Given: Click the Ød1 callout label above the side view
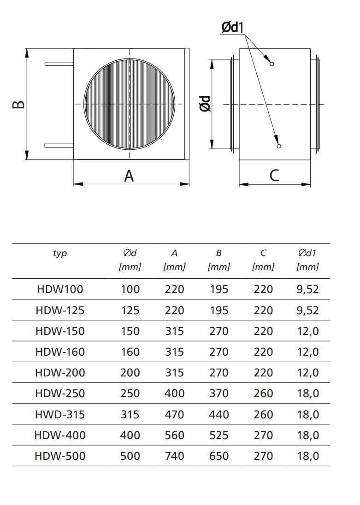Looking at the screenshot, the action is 233,27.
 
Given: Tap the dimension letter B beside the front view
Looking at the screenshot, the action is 18,104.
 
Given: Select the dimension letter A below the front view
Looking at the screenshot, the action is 129,176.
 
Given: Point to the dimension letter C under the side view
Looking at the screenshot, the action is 274,176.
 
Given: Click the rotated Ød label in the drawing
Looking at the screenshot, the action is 205,104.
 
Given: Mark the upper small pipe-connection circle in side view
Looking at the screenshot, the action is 271,64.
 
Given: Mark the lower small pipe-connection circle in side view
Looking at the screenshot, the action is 279,146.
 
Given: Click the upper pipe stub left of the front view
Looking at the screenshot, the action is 59,64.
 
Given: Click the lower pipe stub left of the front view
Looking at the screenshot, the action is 59,146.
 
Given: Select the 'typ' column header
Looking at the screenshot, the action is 60,253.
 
